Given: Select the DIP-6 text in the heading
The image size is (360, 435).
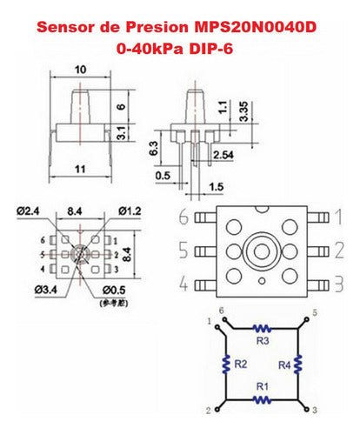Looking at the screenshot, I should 217,50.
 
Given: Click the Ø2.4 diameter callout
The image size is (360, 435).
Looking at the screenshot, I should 30,210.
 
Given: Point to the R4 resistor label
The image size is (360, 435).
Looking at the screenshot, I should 283,365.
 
